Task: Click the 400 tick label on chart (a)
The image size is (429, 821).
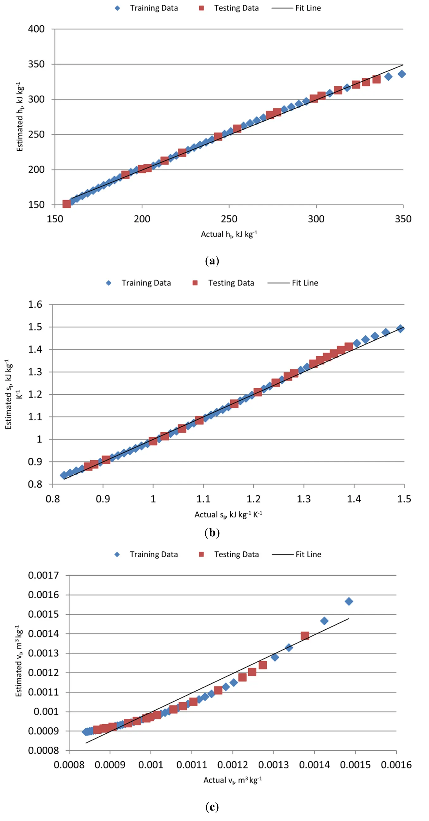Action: tap(36, 29)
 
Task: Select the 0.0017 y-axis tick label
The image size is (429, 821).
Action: tap(43, 575)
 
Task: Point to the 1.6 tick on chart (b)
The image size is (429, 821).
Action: tap(35, 304)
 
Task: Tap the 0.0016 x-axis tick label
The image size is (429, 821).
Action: tap(396, 765)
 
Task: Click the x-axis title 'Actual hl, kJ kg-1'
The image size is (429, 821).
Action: tap(229, 234)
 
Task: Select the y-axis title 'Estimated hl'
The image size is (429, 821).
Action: tap(20, 117)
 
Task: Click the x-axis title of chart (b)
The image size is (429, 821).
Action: tap(228, 515)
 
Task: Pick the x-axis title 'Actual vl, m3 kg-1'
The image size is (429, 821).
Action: tap(233, 780)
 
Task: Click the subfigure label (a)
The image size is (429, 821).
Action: tap(212, 261)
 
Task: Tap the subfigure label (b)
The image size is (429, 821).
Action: tap(212, 532)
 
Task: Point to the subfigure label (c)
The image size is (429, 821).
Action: tap(212, 807)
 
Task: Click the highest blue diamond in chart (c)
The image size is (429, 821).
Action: tap(349, 602)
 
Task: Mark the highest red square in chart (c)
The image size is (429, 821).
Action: tap(305, 636)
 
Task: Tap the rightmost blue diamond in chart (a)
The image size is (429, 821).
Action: tap(401, 74)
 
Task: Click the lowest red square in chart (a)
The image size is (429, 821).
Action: tap(66, 204)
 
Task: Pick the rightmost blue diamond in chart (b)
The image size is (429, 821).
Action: tap(400, 329)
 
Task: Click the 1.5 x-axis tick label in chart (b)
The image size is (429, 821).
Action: tap(404, 498)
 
